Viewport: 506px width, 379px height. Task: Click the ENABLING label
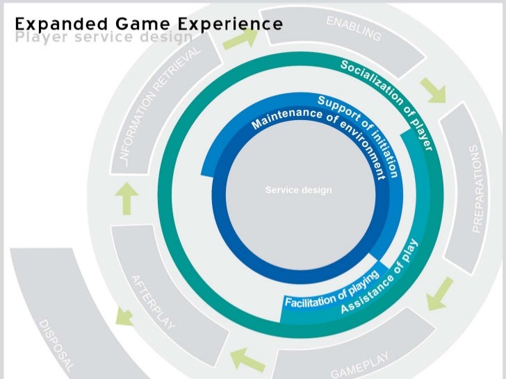tap(354, 28)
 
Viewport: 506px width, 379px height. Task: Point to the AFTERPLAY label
tap(154, 303)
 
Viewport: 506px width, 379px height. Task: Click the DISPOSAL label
tap(55, 346)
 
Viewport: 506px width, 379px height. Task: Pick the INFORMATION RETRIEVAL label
tap(161, 107)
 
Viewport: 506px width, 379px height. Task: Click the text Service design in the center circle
tap(299, 190)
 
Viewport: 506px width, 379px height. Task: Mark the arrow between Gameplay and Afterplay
tap(248, 357)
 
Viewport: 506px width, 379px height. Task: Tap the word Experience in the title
tap(230, 24)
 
